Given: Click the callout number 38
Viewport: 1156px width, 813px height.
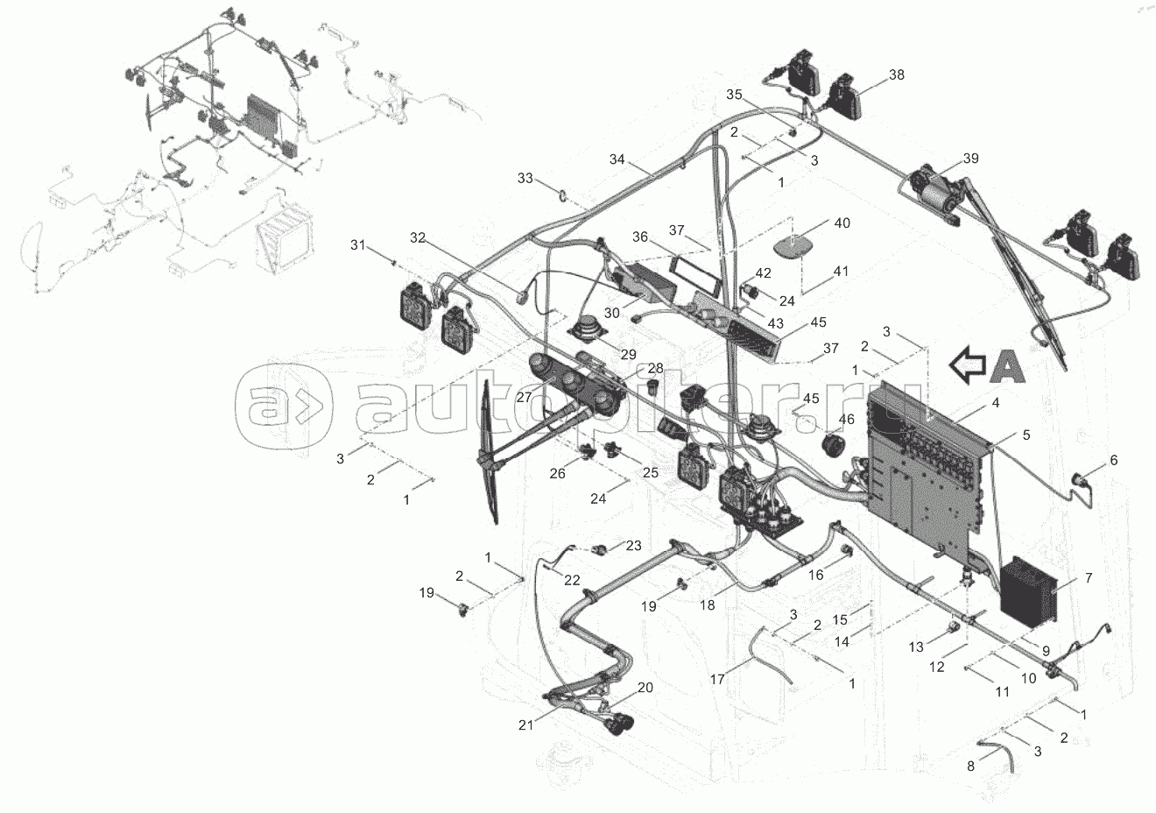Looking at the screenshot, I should [896, 75].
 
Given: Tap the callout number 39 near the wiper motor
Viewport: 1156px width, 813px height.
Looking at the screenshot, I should [969, 159].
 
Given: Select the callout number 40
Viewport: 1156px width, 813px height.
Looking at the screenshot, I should [842, 223].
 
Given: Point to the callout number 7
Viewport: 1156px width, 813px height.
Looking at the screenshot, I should [1089, 578].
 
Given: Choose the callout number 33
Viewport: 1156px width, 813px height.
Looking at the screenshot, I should [525, 179].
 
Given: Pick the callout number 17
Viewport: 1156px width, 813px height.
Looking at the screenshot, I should [717, 678].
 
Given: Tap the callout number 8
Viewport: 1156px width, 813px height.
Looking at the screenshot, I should [970, 766].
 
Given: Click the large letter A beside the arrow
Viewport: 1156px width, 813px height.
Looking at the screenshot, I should [1008, 366].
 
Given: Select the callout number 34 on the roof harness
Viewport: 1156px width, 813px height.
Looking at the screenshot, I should [617, 159].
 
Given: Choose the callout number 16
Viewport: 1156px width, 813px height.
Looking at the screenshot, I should [815, 575].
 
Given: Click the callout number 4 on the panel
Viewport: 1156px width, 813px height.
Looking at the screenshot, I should [970, 404].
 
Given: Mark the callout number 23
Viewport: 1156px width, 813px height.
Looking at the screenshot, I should [633, 545].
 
